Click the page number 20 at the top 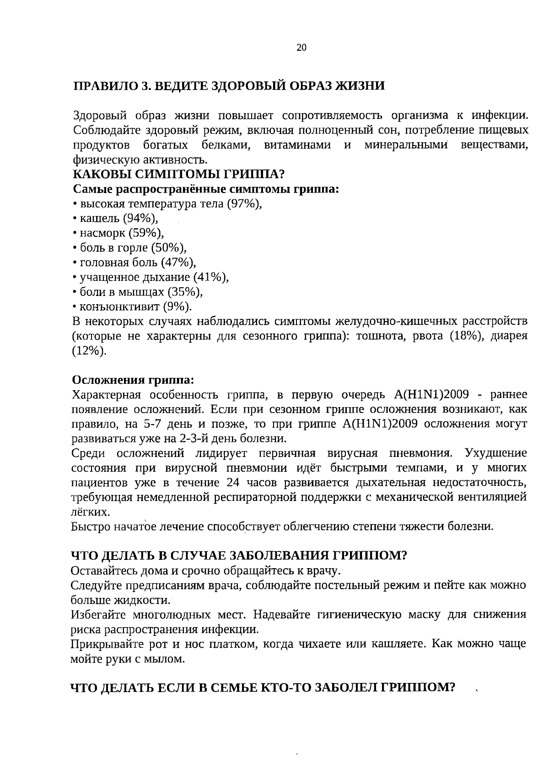301,48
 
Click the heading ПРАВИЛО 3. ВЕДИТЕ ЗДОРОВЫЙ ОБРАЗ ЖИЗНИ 229,86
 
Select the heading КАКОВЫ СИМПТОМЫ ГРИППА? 179,175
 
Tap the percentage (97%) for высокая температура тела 244,204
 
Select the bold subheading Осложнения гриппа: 133,380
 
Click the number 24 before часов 233,483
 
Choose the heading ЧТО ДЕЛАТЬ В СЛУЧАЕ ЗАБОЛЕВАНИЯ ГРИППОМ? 239,556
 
